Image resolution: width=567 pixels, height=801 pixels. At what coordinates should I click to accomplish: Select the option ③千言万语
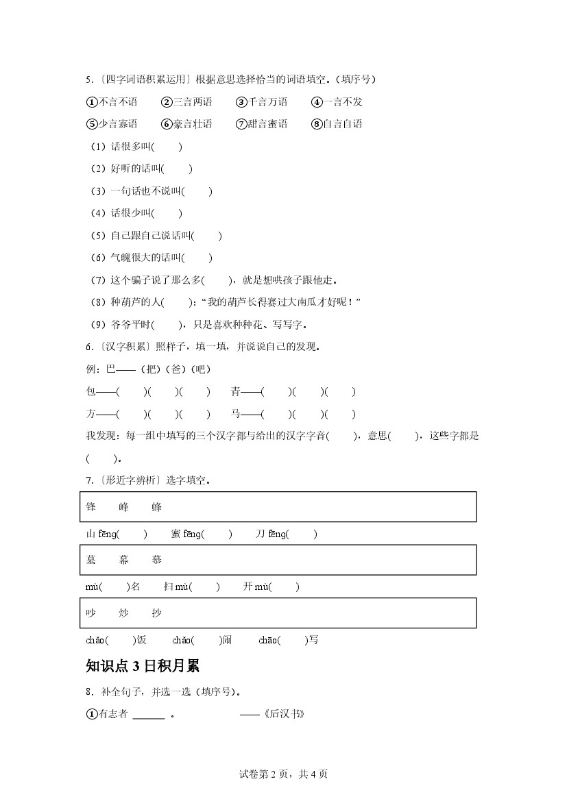(261, 102)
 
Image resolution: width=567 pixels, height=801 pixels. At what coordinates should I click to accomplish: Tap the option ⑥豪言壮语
(186, 124)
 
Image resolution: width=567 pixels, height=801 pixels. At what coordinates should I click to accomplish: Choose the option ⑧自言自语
(337, 124)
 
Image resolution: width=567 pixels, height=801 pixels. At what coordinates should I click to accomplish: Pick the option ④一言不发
(337, 102)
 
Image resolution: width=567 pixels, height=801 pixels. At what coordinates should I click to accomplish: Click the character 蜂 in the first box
(156, 507)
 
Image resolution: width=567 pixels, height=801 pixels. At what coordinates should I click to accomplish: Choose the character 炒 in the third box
(123, 613)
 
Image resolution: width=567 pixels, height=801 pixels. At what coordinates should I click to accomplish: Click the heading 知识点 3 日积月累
(143, 666)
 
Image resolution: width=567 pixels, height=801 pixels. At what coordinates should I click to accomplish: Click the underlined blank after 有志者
(148, 715)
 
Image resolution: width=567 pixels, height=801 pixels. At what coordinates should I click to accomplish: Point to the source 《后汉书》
(282, 714)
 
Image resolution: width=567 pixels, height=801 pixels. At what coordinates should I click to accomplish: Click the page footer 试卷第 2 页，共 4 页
(283, 774)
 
